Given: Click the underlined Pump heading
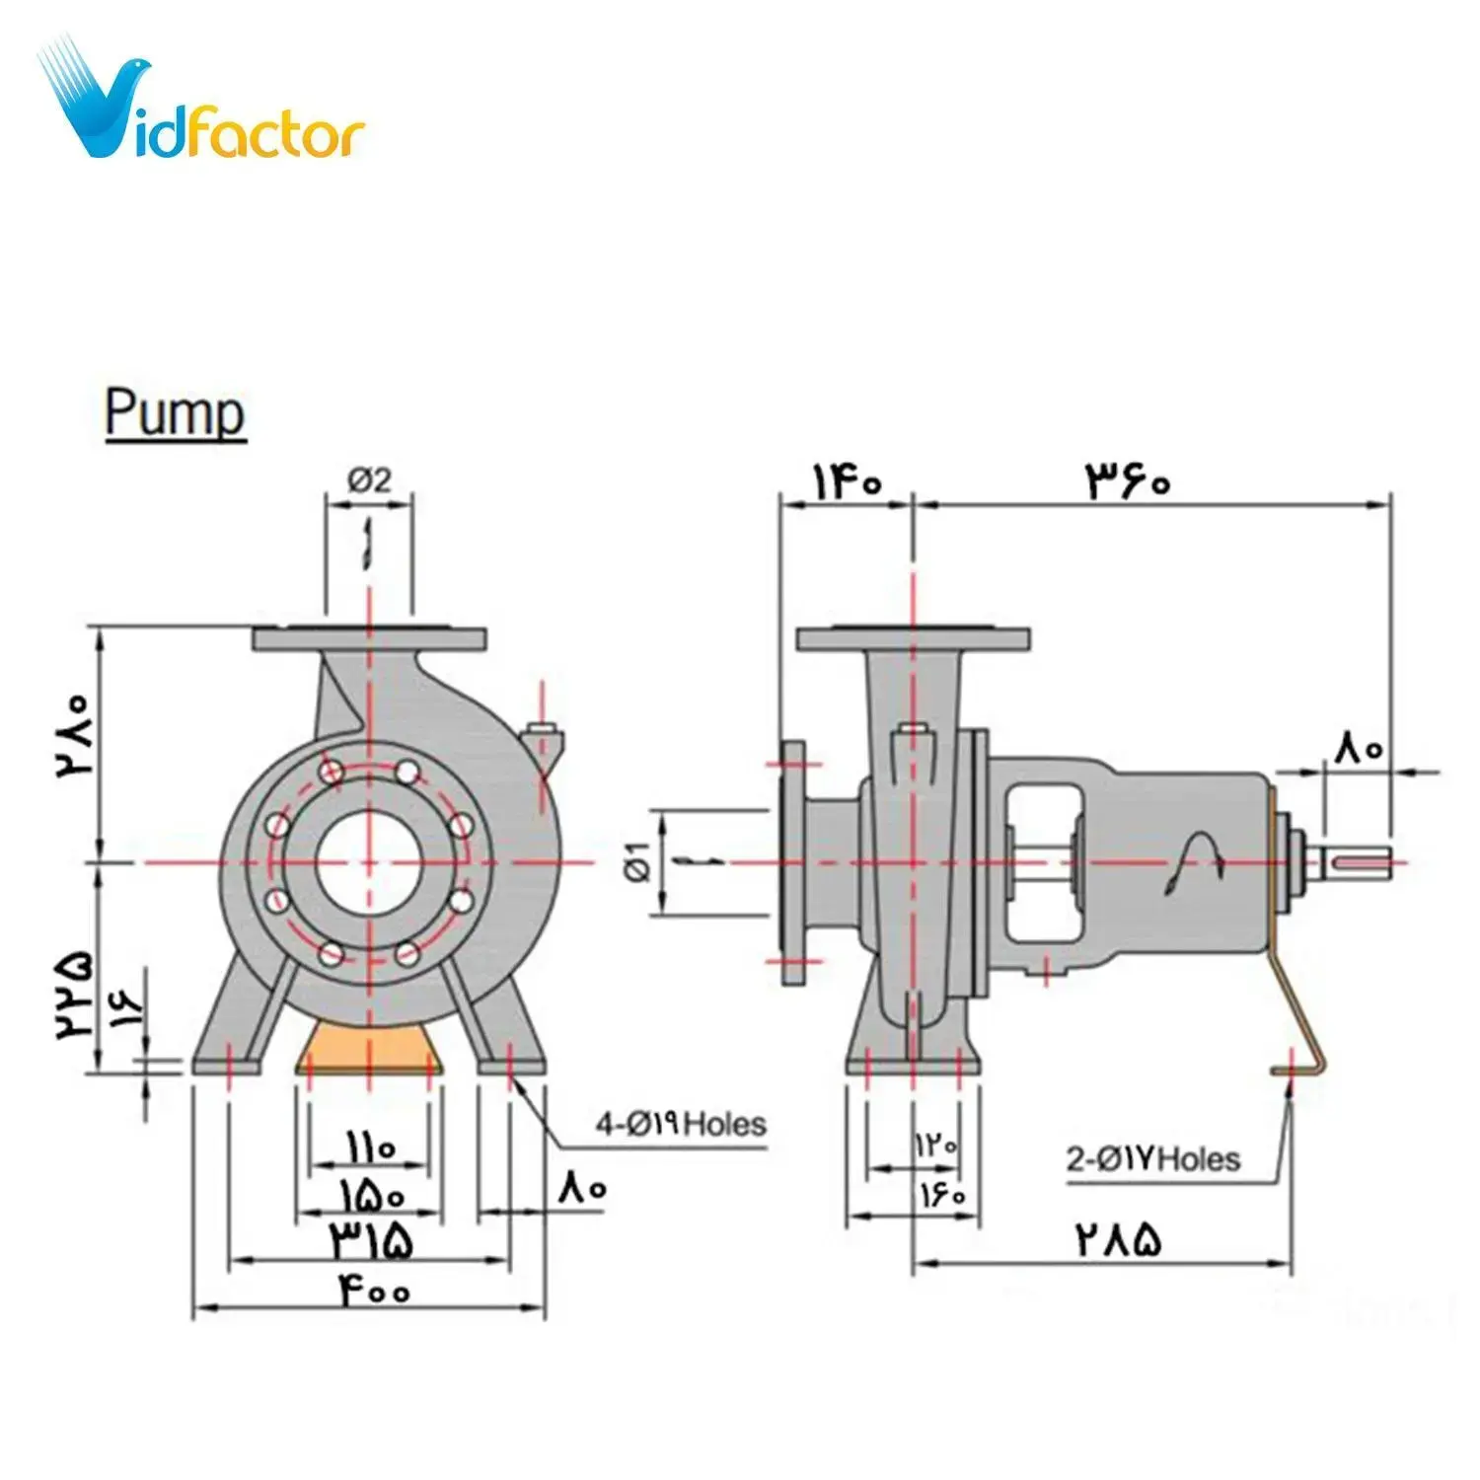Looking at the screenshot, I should coord(175,412).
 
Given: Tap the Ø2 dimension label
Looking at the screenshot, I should coord(369,481).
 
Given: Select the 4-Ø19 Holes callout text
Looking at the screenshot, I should coord(680,1123).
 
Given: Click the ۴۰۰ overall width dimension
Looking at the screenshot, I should coord(376,1290).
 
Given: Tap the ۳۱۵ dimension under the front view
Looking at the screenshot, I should coord(371,1240).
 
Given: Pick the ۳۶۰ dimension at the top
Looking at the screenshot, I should coord(1129,481).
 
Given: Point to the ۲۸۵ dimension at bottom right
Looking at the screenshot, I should coord(1118,1239).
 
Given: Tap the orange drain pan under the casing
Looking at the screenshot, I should coord(369,1048).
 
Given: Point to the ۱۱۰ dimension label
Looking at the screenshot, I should coord(370,1147).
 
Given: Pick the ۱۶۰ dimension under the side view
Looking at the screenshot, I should coord(942,1195).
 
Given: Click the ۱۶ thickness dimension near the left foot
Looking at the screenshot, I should coord(126,1006).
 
